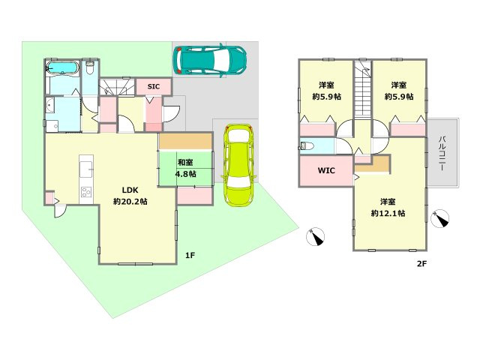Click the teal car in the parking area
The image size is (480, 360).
pyautogui.click(x=210, y=60)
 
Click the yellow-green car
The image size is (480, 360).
pyautogui.click(x=238, y=165)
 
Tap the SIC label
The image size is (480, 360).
pyautogui.click(x=153, y=87)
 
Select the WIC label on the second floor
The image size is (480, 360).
pyautogui.click(x=326, y=170)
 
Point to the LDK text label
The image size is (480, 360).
pyautogui.click(x=130, y=190)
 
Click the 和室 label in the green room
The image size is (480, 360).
pyautogui.click(x=185, y=162)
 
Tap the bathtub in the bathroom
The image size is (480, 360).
pyautogui.click(x=62, y=67)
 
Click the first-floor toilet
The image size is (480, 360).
pyautogui.click(x=90, y=68)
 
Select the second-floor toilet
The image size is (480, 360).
pyautogui.click(x=307, y=145)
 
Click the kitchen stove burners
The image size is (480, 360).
pyautogui.click(x=86, y=192)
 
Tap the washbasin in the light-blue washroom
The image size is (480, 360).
pyautogui.click(x=50, y=106)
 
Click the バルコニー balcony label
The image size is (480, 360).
pyautogui.click(x=442, y=153)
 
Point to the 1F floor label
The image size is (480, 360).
pyautogui.click(x=190, y=255)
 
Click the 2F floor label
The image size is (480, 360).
pyautogui.click(x=421, y=263)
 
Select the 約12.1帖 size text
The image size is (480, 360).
pyautogui.click(x=388, y=213)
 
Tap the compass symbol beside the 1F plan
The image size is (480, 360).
pyautogui.click(x=316, y=237)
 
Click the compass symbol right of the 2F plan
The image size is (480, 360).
pyautogui.click(x=440, y=219)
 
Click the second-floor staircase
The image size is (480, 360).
pyautogui.click(x=363, y=89)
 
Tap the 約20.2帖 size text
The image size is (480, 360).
pyautogui.click(x=130, y=202)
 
